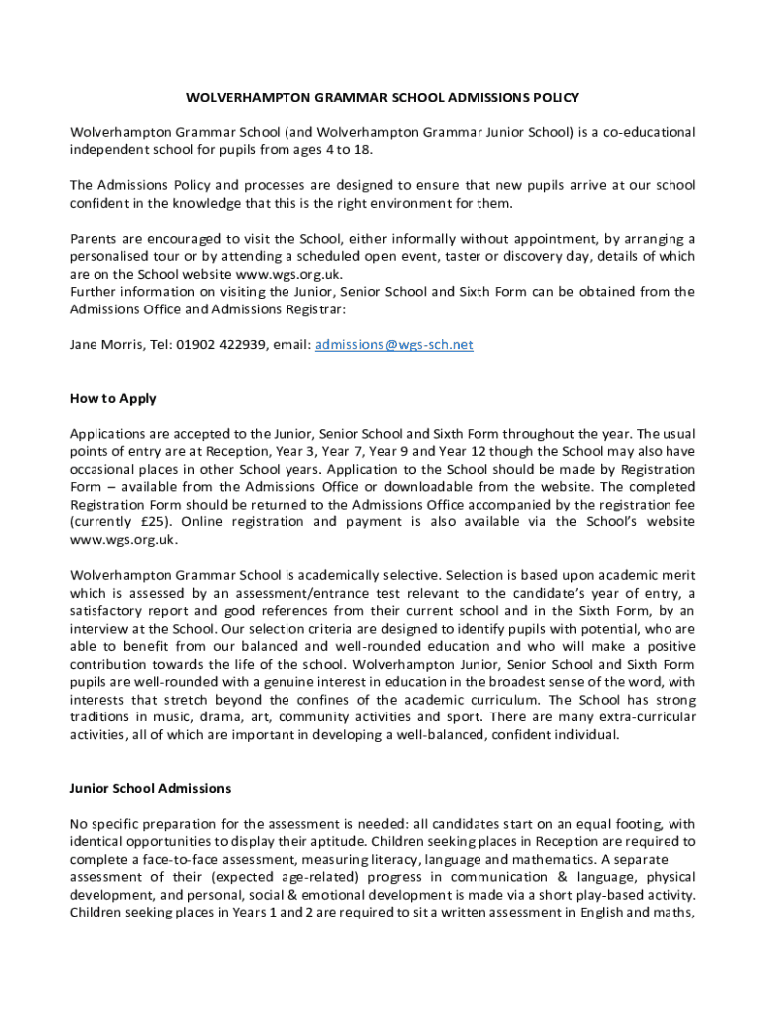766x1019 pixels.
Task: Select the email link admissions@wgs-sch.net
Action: (x=394, y=344)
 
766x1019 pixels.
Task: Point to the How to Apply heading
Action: (x=113, y=398)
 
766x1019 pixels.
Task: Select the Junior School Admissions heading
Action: (x=150, y=788)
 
